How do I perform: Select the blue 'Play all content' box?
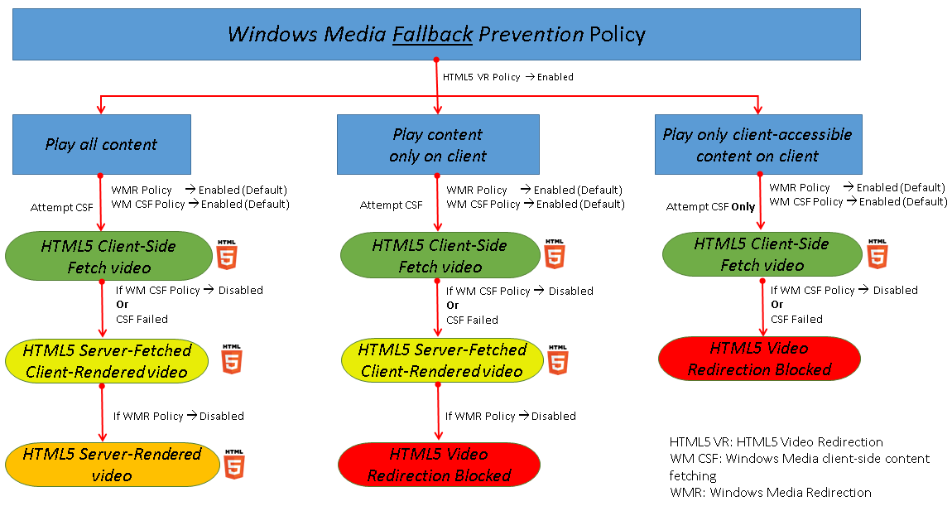(101, 144)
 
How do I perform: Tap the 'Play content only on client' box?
(438, 144)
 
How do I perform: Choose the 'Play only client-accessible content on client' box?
(757, 144)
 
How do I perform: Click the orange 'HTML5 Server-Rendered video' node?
(112, 465)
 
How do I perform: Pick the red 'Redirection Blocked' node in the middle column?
(439, 465)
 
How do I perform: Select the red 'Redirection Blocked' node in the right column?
(759, 359)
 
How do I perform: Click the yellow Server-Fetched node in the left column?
(108, 360)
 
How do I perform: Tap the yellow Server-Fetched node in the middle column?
(441, 360)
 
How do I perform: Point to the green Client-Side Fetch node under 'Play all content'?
(108, 256)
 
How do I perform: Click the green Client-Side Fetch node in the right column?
(762, 253)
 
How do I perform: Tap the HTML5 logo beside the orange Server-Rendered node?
(234, 464)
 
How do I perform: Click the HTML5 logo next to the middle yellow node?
(559, 359)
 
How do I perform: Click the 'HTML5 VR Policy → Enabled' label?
(507, 77)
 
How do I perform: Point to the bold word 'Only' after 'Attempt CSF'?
(743, 207)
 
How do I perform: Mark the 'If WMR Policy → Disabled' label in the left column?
(178, 416)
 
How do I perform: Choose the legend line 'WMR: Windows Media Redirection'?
(770, 492)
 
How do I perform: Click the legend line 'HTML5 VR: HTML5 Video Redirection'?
(776, 441)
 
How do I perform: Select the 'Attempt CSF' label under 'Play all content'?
(61, 207)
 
